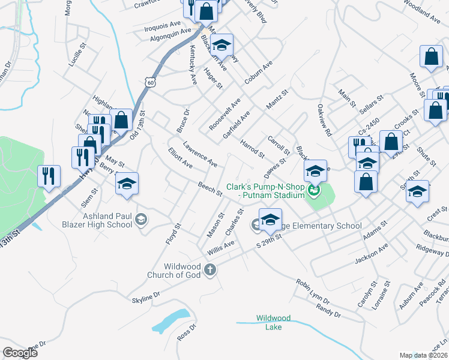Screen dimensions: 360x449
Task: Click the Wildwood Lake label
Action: pos(273,322)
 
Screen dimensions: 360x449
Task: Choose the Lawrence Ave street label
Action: pos(200,154)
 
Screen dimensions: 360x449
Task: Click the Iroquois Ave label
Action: pos(163,25)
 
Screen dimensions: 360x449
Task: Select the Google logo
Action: pos(20,353)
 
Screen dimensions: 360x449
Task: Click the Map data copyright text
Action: pos(423,355)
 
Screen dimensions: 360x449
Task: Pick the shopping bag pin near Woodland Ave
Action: pos(431,58)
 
